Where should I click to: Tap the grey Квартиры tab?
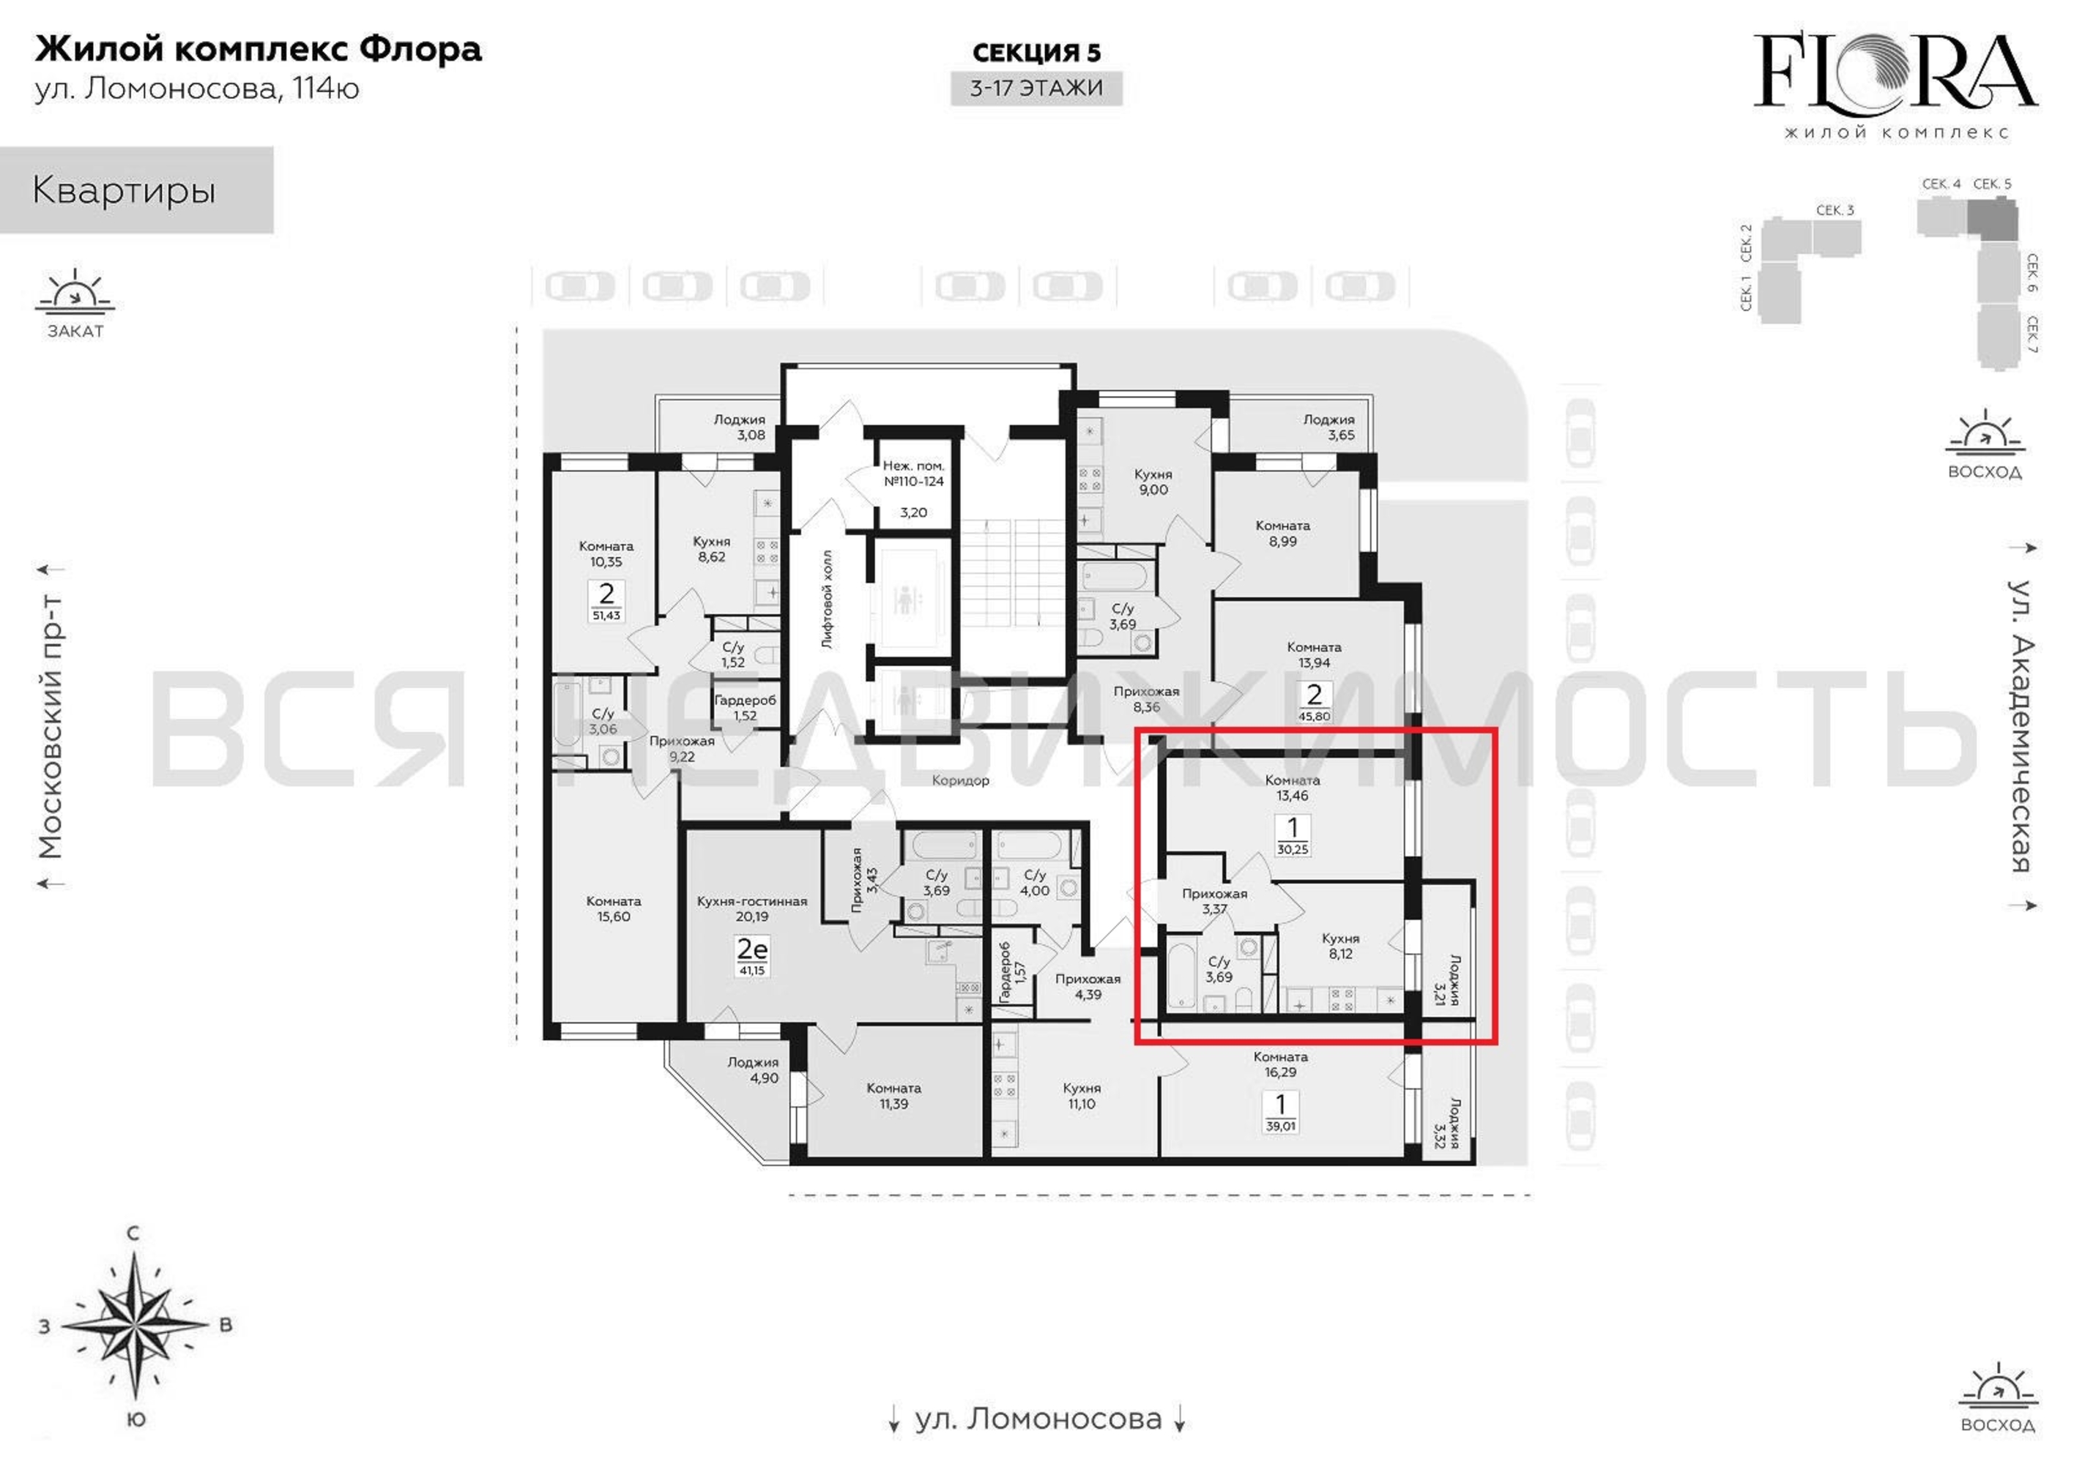(x=136, y=190)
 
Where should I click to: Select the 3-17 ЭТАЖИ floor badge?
(x=1036, y=89)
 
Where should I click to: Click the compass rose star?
(x=134, y=1325)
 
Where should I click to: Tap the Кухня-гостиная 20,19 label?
(x=751, y=908)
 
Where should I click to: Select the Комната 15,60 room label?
(x=614, y=908)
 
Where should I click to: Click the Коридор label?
(x=960, y=780)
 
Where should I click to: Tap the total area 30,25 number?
(x=1293, y=849)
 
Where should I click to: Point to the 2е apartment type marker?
(x=751, y=949)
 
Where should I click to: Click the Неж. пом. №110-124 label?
(x=913, y=474)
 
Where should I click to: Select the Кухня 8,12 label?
(x=1340, y=946)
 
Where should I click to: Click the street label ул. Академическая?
(x=2021, y=725)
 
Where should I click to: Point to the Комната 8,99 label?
(x=1282, y=533)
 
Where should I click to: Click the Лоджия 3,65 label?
(x=1328, y=426)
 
